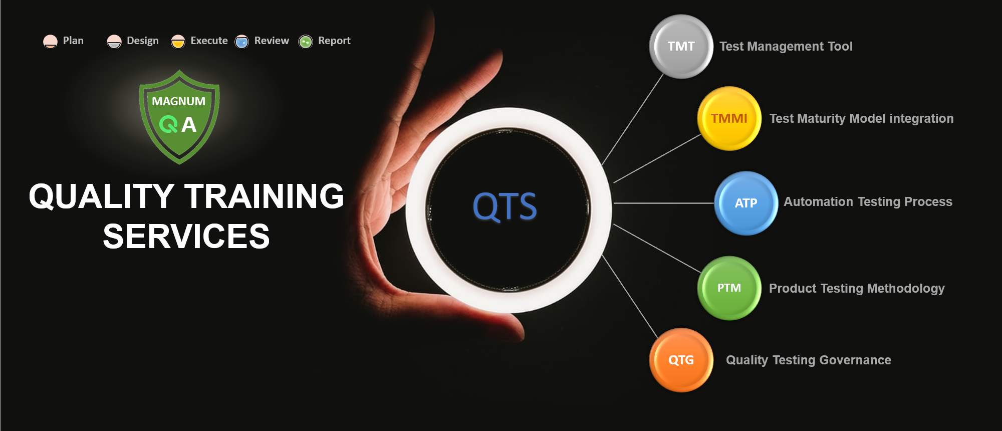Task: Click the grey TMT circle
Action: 681,47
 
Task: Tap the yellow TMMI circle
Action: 729,119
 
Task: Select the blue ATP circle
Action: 746,203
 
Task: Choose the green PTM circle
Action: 729,288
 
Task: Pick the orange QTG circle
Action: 681,360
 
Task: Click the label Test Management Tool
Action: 786,47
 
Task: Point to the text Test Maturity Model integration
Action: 861,119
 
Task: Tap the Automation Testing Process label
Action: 868,201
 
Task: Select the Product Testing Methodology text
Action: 857,288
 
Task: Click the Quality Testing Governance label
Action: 809,360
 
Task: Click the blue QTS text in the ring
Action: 505,206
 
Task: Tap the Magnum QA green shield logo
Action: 179,117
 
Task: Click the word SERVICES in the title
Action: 186,236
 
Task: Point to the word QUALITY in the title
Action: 102,196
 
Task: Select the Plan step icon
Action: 50,42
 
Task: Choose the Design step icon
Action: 114,42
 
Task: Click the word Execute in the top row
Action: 209,41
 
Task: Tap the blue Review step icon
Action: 242,42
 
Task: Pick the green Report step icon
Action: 306,42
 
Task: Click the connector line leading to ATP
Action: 664,203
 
